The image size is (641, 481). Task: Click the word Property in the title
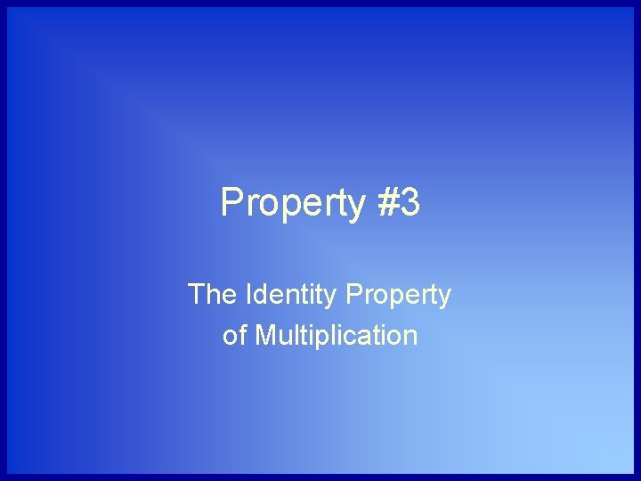click(x=293, y=204)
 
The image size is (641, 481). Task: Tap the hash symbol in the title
click(x=388, y=203)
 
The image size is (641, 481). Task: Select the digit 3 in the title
click(x=410, y=203)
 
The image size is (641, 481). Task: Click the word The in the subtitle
click(x=210, y=295)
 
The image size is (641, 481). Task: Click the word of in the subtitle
click(x=235, y=336)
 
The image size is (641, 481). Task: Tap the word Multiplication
click(x=336, y=336)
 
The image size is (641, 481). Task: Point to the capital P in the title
click(x=231, y=203)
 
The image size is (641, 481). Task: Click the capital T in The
click(x=197, y=295)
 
